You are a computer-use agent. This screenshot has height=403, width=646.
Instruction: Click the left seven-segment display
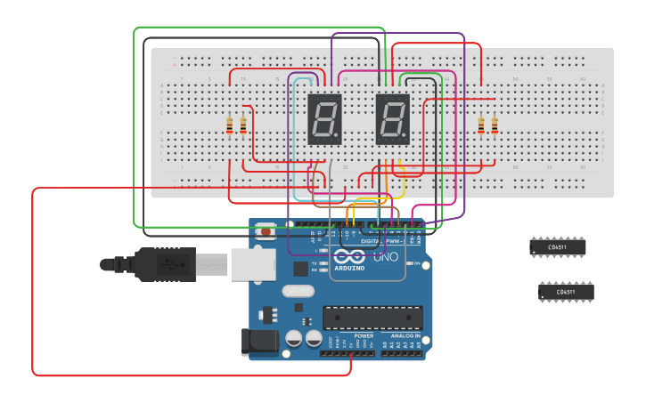(324, 119)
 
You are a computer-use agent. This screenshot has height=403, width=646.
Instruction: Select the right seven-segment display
(393, 119)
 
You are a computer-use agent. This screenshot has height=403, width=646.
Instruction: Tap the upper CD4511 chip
(557, 247)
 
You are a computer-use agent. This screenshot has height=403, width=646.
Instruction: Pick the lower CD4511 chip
(566, 292)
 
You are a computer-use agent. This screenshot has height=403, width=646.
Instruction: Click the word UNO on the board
(384, 258)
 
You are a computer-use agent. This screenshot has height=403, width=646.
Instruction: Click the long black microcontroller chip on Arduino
(372, 317)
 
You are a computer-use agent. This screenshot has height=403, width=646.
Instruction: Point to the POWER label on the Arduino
(363, 336)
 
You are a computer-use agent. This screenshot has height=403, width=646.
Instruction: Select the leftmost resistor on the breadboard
(230, 126)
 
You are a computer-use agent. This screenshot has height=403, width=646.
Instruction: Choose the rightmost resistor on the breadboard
(495, 126)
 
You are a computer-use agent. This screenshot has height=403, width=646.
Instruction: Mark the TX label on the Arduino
(316, 263)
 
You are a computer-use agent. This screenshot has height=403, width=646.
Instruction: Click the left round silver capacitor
(293, 338)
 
